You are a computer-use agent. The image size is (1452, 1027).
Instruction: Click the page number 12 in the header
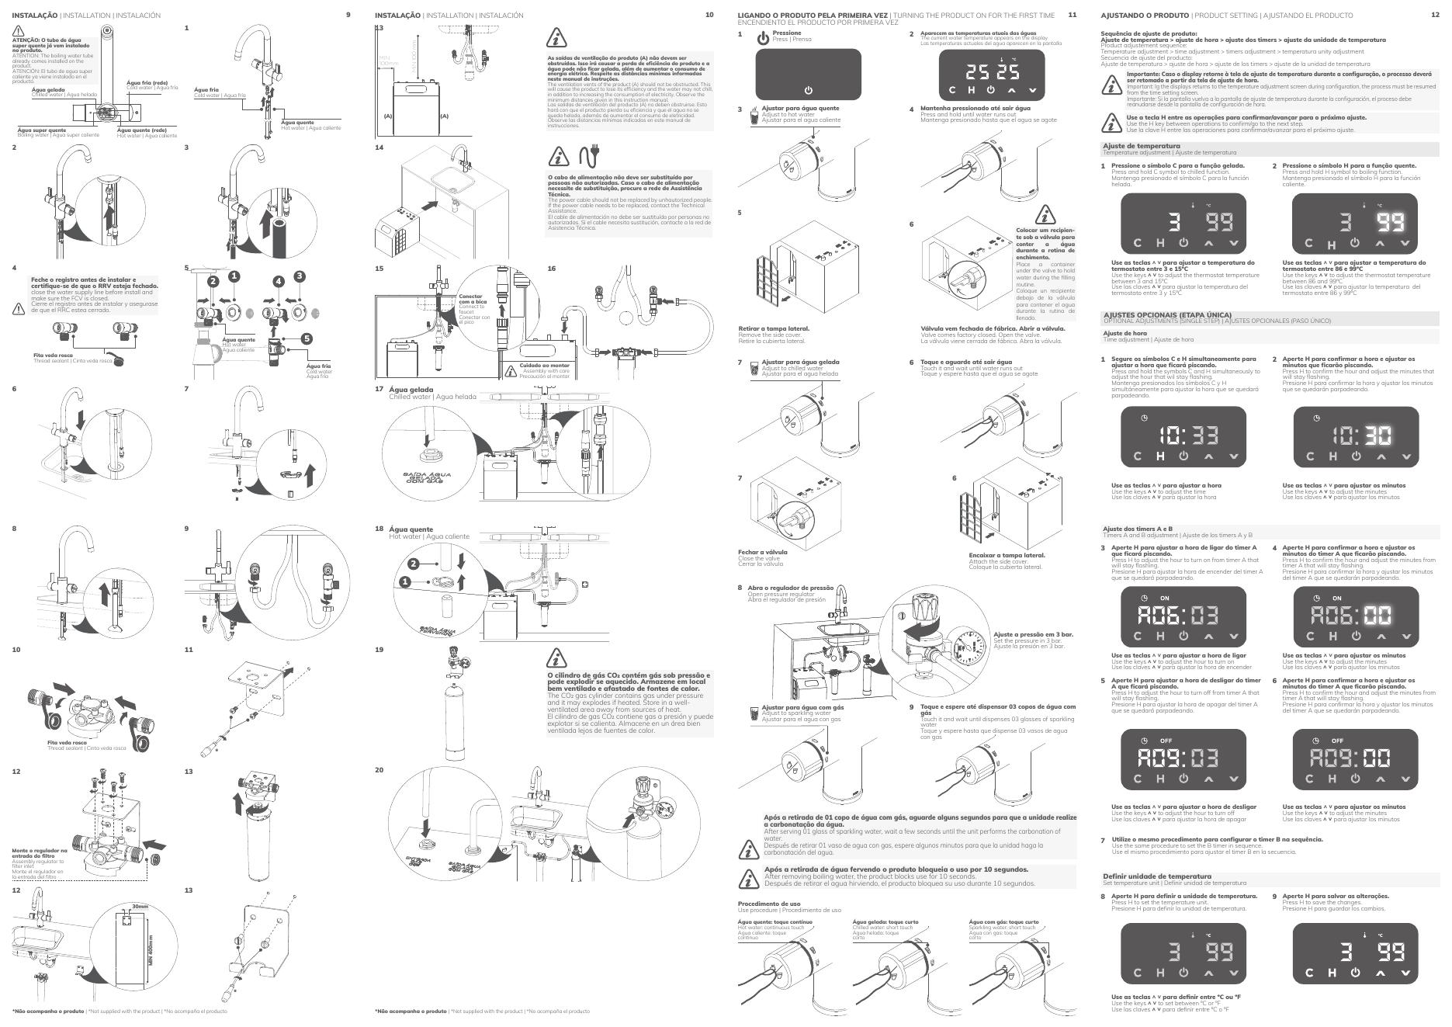pos(1435,15)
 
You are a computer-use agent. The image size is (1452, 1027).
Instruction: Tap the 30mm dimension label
pos(140,907)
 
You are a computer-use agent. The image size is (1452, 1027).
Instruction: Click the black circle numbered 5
pos(307,338)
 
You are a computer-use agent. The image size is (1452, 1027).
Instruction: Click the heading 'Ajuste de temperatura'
pos(1142,146)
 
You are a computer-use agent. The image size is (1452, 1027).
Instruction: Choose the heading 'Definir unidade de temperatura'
pos(1156,876)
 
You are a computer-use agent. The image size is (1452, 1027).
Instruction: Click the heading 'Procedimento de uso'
pos(768,904)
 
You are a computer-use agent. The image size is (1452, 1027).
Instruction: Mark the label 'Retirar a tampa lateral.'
pos(773,328)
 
